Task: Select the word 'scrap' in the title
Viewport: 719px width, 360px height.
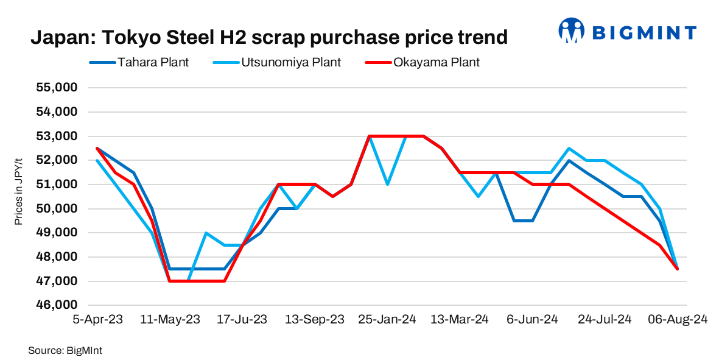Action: (317, 38)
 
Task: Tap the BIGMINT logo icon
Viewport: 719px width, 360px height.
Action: (571, 30)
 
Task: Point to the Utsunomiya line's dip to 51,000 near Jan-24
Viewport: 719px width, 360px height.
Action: (387, 185)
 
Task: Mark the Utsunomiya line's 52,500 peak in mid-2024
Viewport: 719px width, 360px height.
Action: (569, 148)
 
